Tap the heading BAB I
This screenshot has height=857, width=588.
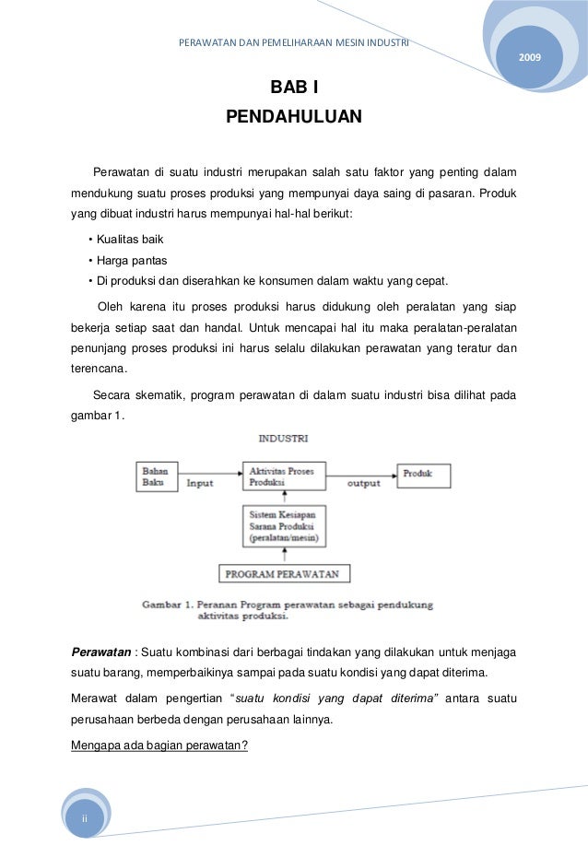point(293,88)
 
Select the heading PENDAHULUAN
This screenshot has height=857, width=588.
point(294,117)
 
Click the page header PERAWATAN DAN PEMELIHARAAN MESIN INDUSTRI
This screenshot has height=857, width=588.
point(294,42)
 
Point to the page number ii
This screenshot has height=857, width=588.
point(85,818)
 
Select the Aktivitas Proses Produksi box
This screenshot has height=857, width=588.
point(283,476)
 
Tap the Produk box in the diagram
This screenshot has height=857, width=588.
point(424,475)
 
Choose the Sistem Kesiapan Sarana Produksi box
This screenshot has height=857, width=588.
point(283,525)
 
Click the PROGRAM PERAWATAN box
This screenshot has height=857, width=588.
point(283,574)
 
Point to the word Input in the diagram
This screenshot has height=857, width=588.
point(200,482)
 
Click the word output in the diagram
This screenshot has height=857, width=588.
point(363,482)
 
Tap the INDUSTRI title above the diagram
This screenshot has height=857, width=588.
point(283,438)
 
